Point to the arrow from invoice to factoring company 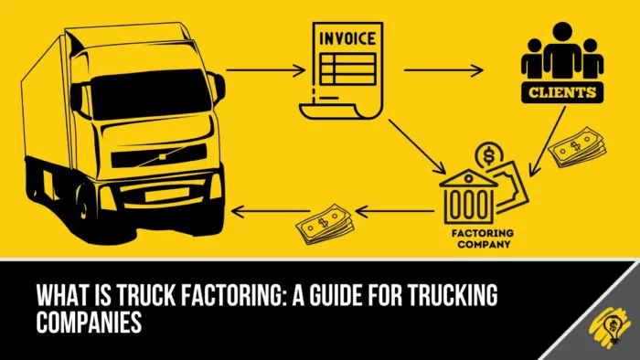416,147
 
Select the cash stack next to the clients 574,147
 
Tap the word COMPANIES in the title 89,322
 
